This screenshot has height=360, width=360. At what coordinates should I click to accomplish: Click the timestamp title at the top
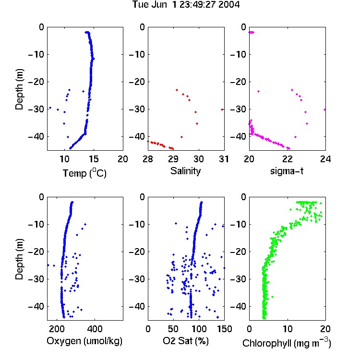coord(186,5)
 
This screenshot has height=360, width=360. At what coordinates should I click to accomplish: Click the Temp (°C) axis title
coord(84,173)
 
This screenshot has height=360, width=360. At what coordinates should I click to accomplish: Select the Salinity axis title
coord(185,171)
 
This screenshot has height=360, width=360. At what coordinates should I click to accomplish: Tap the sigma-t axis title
coord(287,171)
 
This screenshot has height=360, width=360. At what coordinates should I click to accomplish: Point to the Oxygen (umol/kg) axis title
coord(84,341)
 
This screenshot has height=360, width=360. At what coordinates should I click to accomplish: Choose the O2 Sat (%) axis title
coord(186,341)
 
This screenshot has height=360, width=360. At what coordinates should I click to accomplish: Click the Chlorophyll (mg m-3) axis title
coord(287,343)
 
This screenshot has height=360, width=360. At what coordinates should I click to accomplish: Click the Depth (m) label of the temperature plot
coord(19,89)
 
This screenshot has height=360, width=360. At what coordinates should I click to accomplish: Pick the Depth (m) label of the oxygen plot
coord(19,259)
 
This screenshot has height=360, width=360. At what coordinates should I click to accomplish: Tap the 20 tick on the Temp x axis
coord(123,159)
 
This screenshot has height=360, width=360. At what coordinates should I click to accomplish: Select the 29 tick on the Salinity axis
coord(173,159)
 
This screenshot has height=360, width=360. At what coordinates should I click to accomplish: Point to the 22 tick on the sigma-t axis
coord(287,159)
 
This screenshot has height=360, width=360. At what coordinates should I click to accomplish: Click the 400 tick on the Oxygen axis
coord(95,329)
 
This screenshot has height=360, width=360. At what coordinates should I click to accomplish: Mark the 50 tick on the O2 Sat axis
coord(173,329)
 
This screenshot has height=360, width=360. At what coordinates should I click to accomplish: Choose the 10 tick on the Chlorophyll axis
coord(287,329)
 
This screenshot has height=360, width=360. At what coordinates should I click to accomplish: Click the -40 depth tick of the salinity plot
coord(137,137)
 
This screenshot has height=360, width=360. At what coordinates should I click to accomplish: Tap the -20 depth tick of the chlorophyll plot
coord(238,252)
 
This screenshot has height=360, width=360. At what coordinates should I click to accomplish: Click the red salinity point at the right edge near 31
coord(222,110)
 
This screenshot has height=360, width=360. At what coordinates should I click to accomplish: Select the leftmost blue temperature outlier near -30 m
coord(50,108)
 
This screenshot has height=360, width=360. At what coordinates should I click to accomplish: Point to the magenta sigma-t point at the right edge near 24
coord(324,110)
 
